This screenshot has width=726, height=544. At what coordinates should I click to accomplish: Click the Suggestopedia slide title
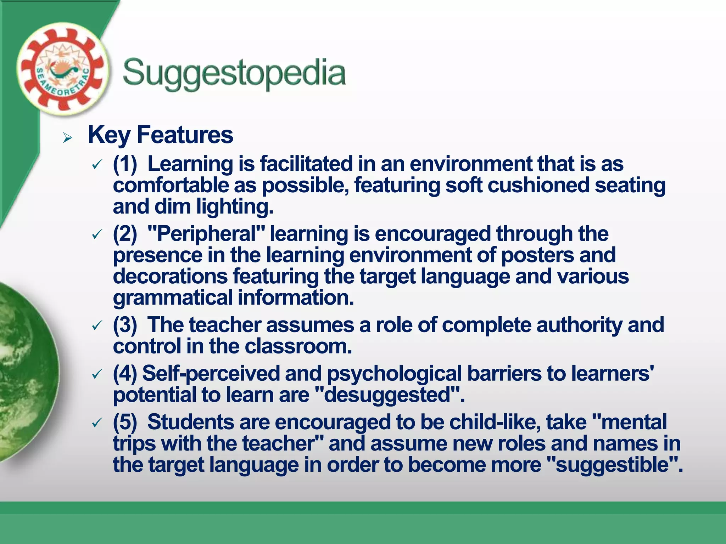pyautogui.click(x=234, y=73)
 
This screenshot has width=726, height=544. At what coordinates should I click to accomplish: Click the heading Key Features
pyautogui.click(x=160, y=135)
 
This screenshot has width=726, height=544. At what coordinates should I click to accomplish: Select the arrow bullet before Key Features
pyautogui.click(x=67, y=137)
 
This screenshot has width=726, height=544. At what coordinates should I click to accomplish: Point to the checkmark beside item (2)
pyautogui.click(x=97, y=234)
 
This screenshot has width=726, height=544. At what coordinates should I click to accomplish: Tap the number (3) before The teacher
pyautogui.click(x=125, y=325)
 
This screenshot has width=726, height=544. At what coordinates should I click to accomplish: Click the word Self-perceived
pyautogui.click(x=211, y=373)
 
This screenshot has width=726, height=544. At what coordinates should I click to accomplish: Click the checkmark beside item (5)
pyautogui.click(x=97, y=423)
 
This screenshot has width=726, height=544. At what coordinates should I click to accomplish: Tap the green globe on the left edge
pyautogui.click(x=25, y=372)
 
